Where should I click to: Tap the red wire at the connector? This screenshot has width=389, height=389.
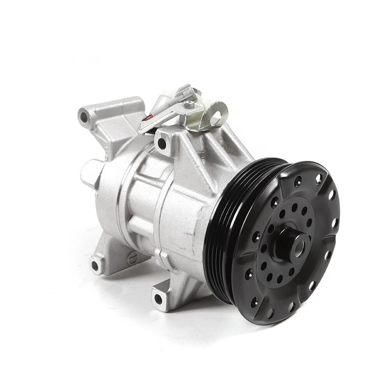[150, 118]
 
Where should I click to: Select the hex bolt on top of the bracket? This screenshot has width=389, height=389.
[187, 105]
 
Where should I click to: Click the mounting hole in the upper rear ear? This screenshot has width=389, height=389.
[84, 118]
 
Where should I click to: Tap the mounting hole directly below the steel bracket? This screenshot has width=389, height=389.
[162, 143]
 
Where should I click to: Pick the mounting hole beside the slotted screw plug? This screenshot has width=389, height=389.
[96, 266]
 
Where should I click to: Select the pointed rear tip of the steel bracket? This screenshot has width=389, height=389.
[140, 130]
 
